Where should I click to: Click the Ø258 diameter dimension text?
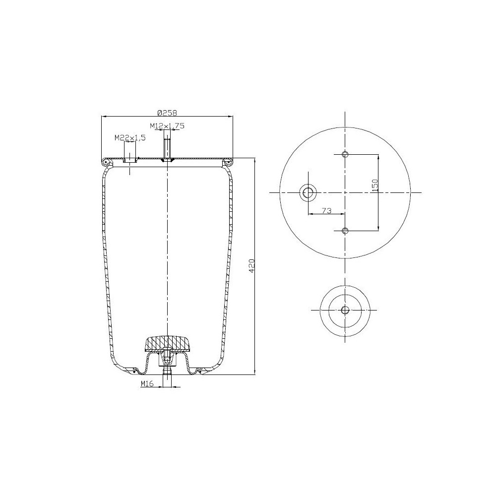(x=167, y=112)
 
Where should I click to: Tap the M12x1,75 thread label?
(x=167, y=126)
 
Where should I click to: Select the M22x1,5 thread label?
(x=130, y=137)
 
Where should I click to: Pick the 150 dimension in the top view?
(x=375, y=185)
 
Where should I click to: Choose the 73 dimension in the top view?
(x=326, y=210)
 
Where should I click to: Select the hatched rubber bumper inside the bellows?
(x=167, y=343)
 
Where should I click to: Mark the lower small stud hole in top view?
(x=346, y=230)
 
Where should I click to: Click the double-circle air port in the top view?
(x=309, y=192)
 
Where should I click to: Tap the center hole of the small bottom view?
(x=345, y=310)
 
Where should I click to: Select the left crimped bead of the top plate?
(x=106, y=162)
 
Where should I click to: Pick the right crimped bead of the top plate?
(x=229, y=162)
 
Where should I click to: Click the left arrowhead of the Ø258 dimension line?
(x=103, y=117)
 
